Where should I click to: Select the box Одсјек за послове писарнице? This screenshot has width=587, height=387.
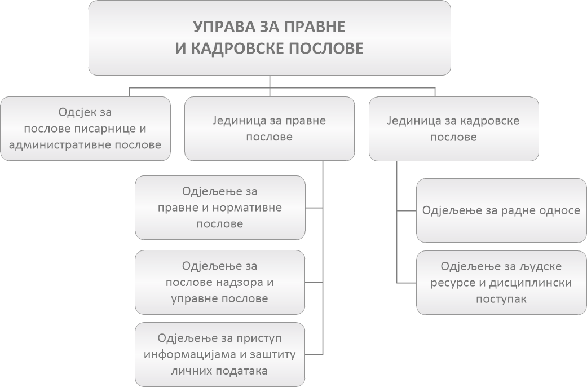pos(85,128)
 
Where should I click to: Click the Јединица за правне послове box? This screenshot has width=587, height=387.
pos(269,129)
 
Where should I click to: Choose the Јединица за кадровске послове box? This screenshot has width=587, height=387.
pos(453,129)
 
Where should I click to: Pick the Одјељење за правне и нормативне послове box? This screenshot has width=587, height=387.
pos(220,208)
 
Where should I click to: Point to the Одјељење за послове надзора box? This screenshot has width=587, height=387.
pos(220,282)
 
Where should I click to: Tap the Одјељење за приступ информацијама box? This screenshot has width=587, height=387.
pos(220,354)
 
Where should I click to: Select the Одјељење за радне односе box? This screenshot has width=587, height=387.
pos(501,210)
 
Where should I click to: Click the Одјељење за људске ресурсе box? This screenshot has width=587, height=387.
pos(501,282)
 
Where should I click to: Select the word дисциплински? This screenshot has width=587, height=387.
pos(540,282)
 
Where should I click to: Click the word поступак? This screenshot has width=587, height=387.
pos(501,298)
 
